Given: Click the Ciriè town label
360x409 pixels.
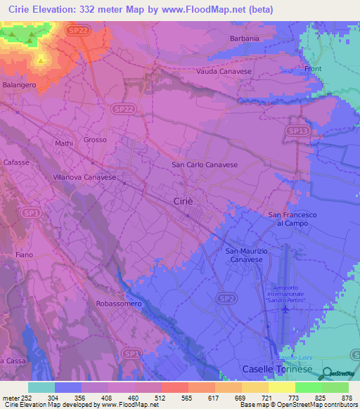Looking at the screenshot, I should pyautogui.click(x=182, y=201).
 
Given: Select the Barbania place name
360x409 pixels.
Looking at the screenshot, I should pyautogui.click(x=245, y=38).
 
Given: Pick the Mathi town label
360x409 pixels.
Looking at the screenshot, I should pyautogui.click(x=64, y=143).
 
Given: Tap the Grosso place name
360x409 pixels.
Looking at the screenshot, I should pyautogui.click(x=95, y=140).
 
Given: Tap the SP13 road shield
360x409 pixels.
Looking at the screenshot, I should pyautogui.click(x=297, y=131).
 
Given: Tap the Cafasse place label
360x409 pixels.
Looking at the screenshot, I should pyautogui.click(x=15, y=161).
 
